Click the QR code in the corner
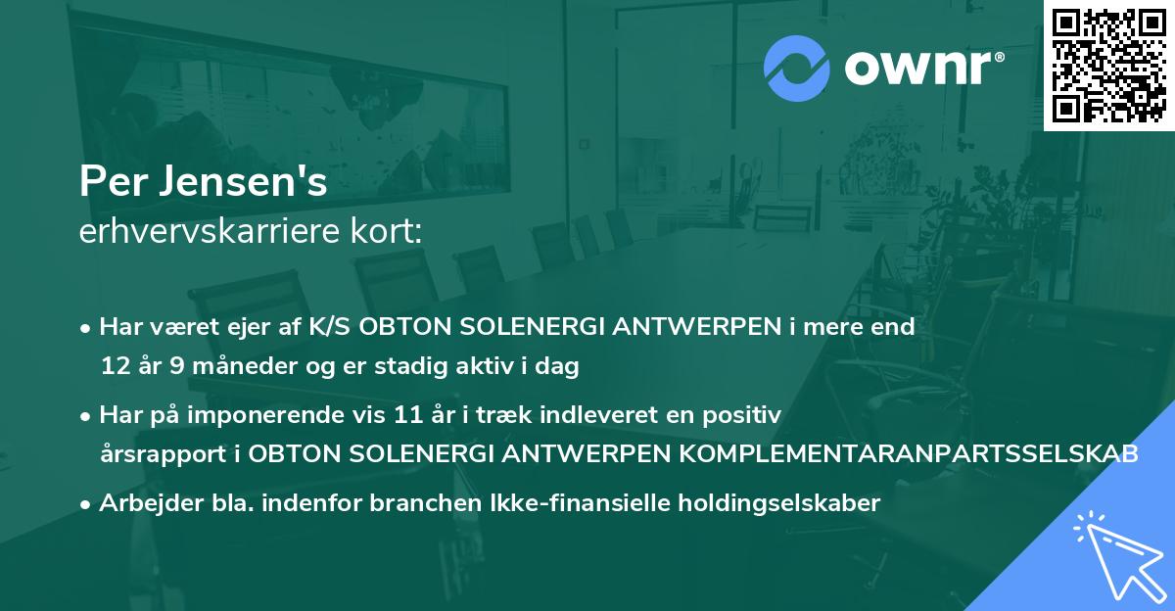[1109, 66]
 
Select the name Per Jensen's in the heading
[204, 183]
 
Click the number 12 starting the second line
[114, 366]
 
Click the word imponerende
[289, 415]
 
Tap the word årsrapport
[157, 454]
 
